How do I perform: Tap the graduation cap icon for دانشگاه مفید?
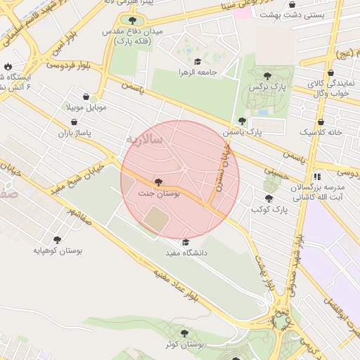(x=186, y=243)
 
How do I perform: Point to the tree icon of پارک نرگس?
(x=267, y=76)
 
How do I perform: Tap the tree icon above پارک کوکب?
(x=268, y=199)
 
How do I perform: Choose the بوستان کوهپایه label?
(x=57, y=250)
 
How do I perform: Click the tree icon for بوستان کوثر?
(x=184, y=333)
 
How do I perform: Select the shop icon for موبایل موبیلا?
(x=86, y=97)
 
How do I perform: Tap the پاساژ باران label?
(x=74, y=132)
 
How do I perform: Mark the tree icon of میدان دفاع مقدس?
(x=133, y=20)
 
